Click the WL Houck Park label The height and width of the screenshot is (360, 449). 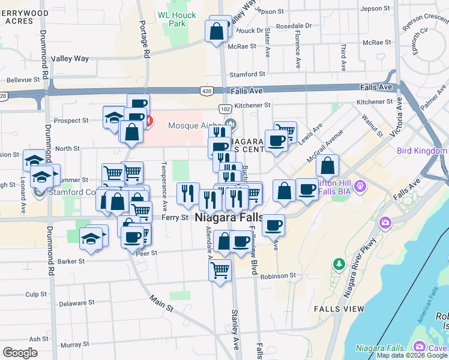point(173,19)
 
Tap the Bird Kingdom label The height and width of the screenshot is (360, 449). point(421,151)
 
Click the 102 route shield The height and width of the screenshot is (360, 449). point(224,109)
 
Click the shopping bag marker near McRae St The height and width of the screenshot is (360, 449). point(217,30)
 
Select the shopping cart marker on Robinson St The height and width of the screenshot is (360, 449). point(220,270)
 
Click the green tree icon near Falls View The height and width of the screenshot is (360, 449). point(339,263)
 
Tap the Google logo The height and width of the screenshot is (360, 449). point(20,353)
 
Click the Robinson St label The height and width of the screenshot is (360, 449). point(278,276)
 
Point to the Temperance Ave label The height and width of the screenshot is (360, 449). point(163,186)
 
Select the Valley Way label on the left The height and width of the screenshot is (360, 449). point(70,58)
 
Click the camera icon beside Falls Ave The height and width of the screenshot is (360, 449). point(385,223)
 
